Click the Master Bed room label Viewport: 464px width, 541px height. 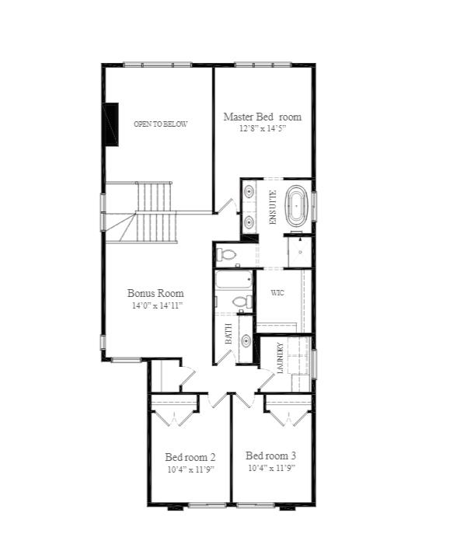[x=262, y=117]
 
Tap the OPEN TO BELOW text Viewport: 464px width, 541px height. [x=160, y=124]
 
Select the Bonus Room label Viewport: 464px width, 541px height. [x=155, y=293]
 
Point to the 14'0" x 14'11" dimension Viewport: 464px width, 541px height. [x=157, y=305]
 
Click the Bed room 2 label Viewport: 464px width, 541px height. [x=190, y=458]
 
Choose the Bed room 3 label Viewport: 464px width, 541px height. [x=270, y=455]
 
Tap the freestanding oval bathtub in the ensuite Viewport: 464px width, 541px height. [x=296, y=206]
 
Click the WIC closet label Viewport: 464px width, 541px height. [x=277, y=293]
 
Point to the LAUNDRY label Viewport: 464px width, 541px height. [x=280, y=358]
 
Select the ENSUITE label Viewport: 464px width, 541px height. [x=273, y=208]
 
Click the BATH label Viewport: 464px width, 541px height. [x=229, y=333]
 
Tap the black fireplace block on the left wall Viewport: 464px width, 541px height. [x=111, y=124]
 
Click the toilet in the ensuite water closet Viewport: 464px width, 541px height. [x=227, y=255]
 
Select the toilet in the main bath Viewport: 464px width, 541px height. [x=242, y=302]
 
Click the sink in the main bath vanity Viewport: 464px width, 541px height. [x=246, y=341]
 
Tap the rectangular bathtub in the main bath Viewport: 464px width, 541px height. [x=233, y=280]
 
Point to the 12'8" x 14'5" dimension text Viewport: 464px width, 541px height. [x=263, y=129]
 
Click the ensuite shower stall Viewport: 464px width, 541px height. [x=300, y=252]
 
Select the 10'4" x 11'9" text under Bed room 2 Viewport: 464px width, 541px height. [x=191, y=469]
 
